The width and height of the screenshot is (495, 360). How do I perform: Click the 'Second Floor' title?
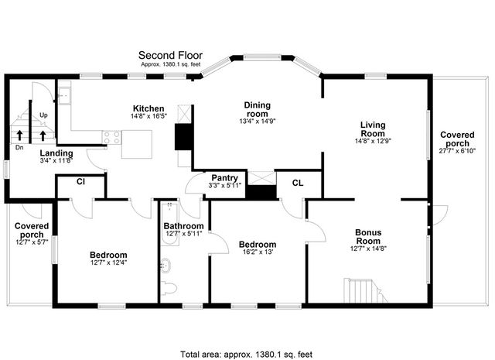click(170, 55)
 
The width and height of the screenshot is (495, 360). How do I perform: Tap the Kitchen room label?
click(148, 108)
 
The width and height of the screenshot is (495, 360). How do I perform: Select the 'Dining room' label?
click(258, 109)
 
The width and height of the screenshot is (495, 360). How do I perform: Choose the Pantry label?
click(224, 177)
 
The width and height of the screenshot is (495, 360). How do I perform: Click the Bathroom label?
click(183, 227)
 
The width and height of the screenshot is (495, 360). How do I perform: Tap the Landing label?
click(56, 153)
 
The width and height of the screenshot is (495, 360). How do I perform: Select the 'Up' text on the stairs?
click(44, 115)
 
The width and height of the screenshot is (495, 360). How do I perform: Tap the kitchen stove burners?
click(112, 138)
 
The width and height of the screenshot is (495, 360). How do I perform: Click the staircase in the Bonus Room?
click(364, 291)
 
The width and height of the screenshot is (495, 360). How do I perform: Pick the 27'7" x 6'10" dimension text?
click(458, 150)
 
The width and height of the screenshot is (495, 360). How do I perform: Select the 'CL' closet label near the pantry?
click(297, 183)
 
